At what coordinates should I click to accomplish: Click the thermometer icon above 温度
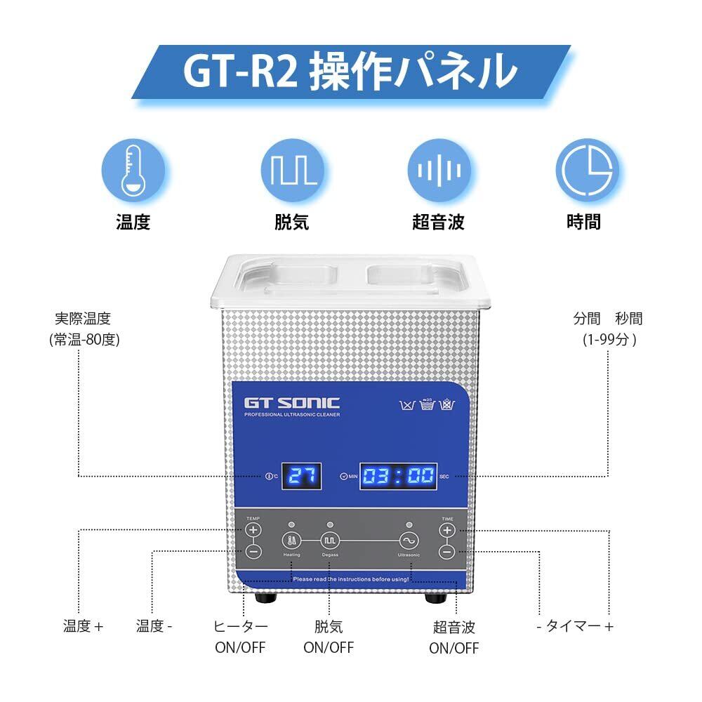click(133, 169)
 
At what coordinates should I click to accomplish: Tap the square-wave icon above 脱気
click(291, 169)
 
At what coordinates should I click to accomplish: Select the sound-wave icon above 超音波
click(439, 169)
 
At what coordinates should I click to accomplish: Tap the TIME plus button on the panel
click(447, 531)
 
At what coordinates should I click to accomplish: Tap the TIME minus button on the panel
click(447, 552)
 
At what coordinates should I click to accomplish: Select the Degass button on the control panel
click(330, 541)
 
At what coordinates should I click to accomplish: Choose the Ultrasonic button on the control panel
click(409, 541)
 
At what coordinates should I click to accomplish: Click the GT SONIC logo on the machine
click(292, 403)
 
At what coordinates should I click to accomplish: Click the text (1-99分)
click(609, 340)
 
